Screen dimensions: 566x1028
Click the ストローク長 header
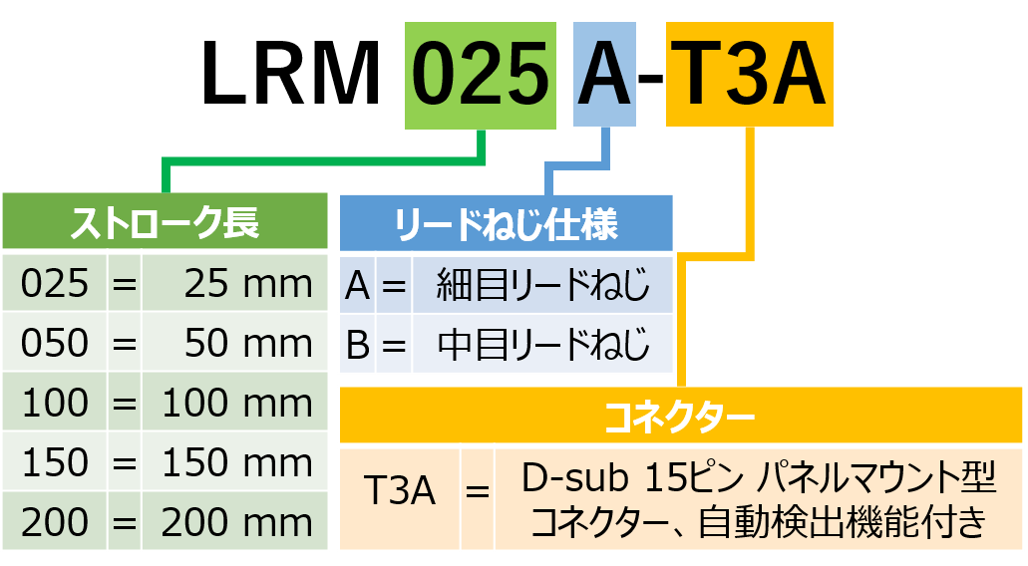[x=165, y=222]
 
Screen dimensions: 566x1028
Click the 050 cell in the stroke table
[x=55, y=344]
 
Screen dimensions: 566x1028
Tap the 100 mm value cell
[x=236, y=404]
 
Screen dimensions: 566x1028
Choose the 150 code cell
[x=55, y=463]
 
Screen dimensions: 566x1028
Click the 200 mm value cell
[x=236, y=522]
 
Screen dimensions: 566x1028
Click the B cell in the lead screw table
[x=358, y=345]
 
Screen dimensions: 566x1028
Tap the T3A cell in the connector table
[x=400, y=492]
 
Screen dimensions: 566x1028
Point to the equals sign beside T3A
[x=478, y=492]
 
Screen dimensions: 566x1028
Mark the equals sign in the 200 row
[x=124, y=522]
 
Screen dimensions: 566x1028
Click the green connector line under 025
[x=324, y=160]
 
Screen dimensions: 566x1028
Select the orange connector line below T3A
[x=749, y=189]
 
